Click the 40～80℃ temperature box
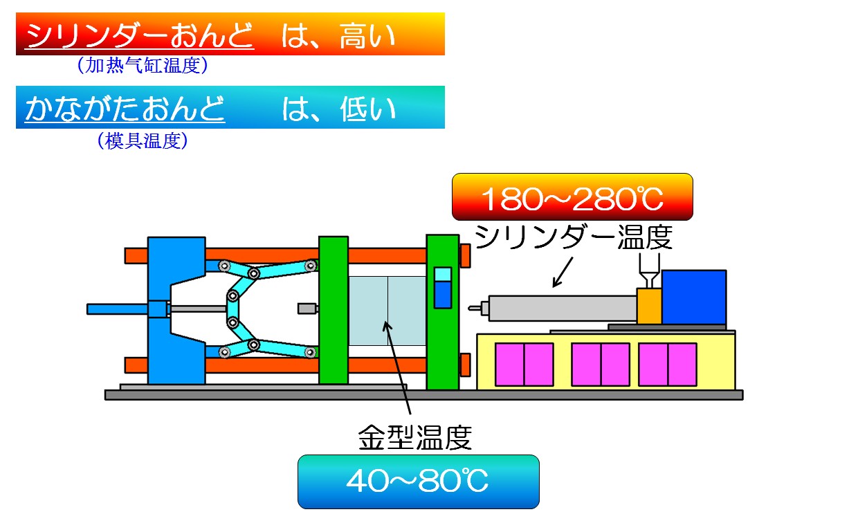pyautogui.click(x=418, y=481)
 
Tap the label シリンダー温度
pyautogui.click(x=574, y=239)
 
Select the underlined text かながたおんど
pyautogui.click(x=125, y=109)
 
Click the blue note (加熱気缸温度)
pyautogui.click(x=143, y=66)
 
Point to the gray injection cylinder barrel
pyautogui.click(x=561, y=308)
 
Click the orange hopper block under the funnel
pyautogui.click(x=649, y=306)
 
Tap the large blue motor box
pyautogui.click(x=693, y=297)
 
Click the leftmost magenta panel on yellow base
pyautogui.click(x=524, y=365)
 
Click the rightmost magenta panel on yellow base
pyautogui.click(x=668, y=365)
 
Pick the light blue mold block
pyautogui.click(x=387, y=311)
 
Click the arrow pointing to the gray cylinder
pyautogui.click(x=563, y=272)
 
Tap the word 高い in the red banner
pyautogui.click(x=367, y=35)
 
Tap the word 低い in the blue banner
pyautogui.click(x=367, y=109)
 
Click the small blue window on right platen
pyautogui.click(x=442, y=288)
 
